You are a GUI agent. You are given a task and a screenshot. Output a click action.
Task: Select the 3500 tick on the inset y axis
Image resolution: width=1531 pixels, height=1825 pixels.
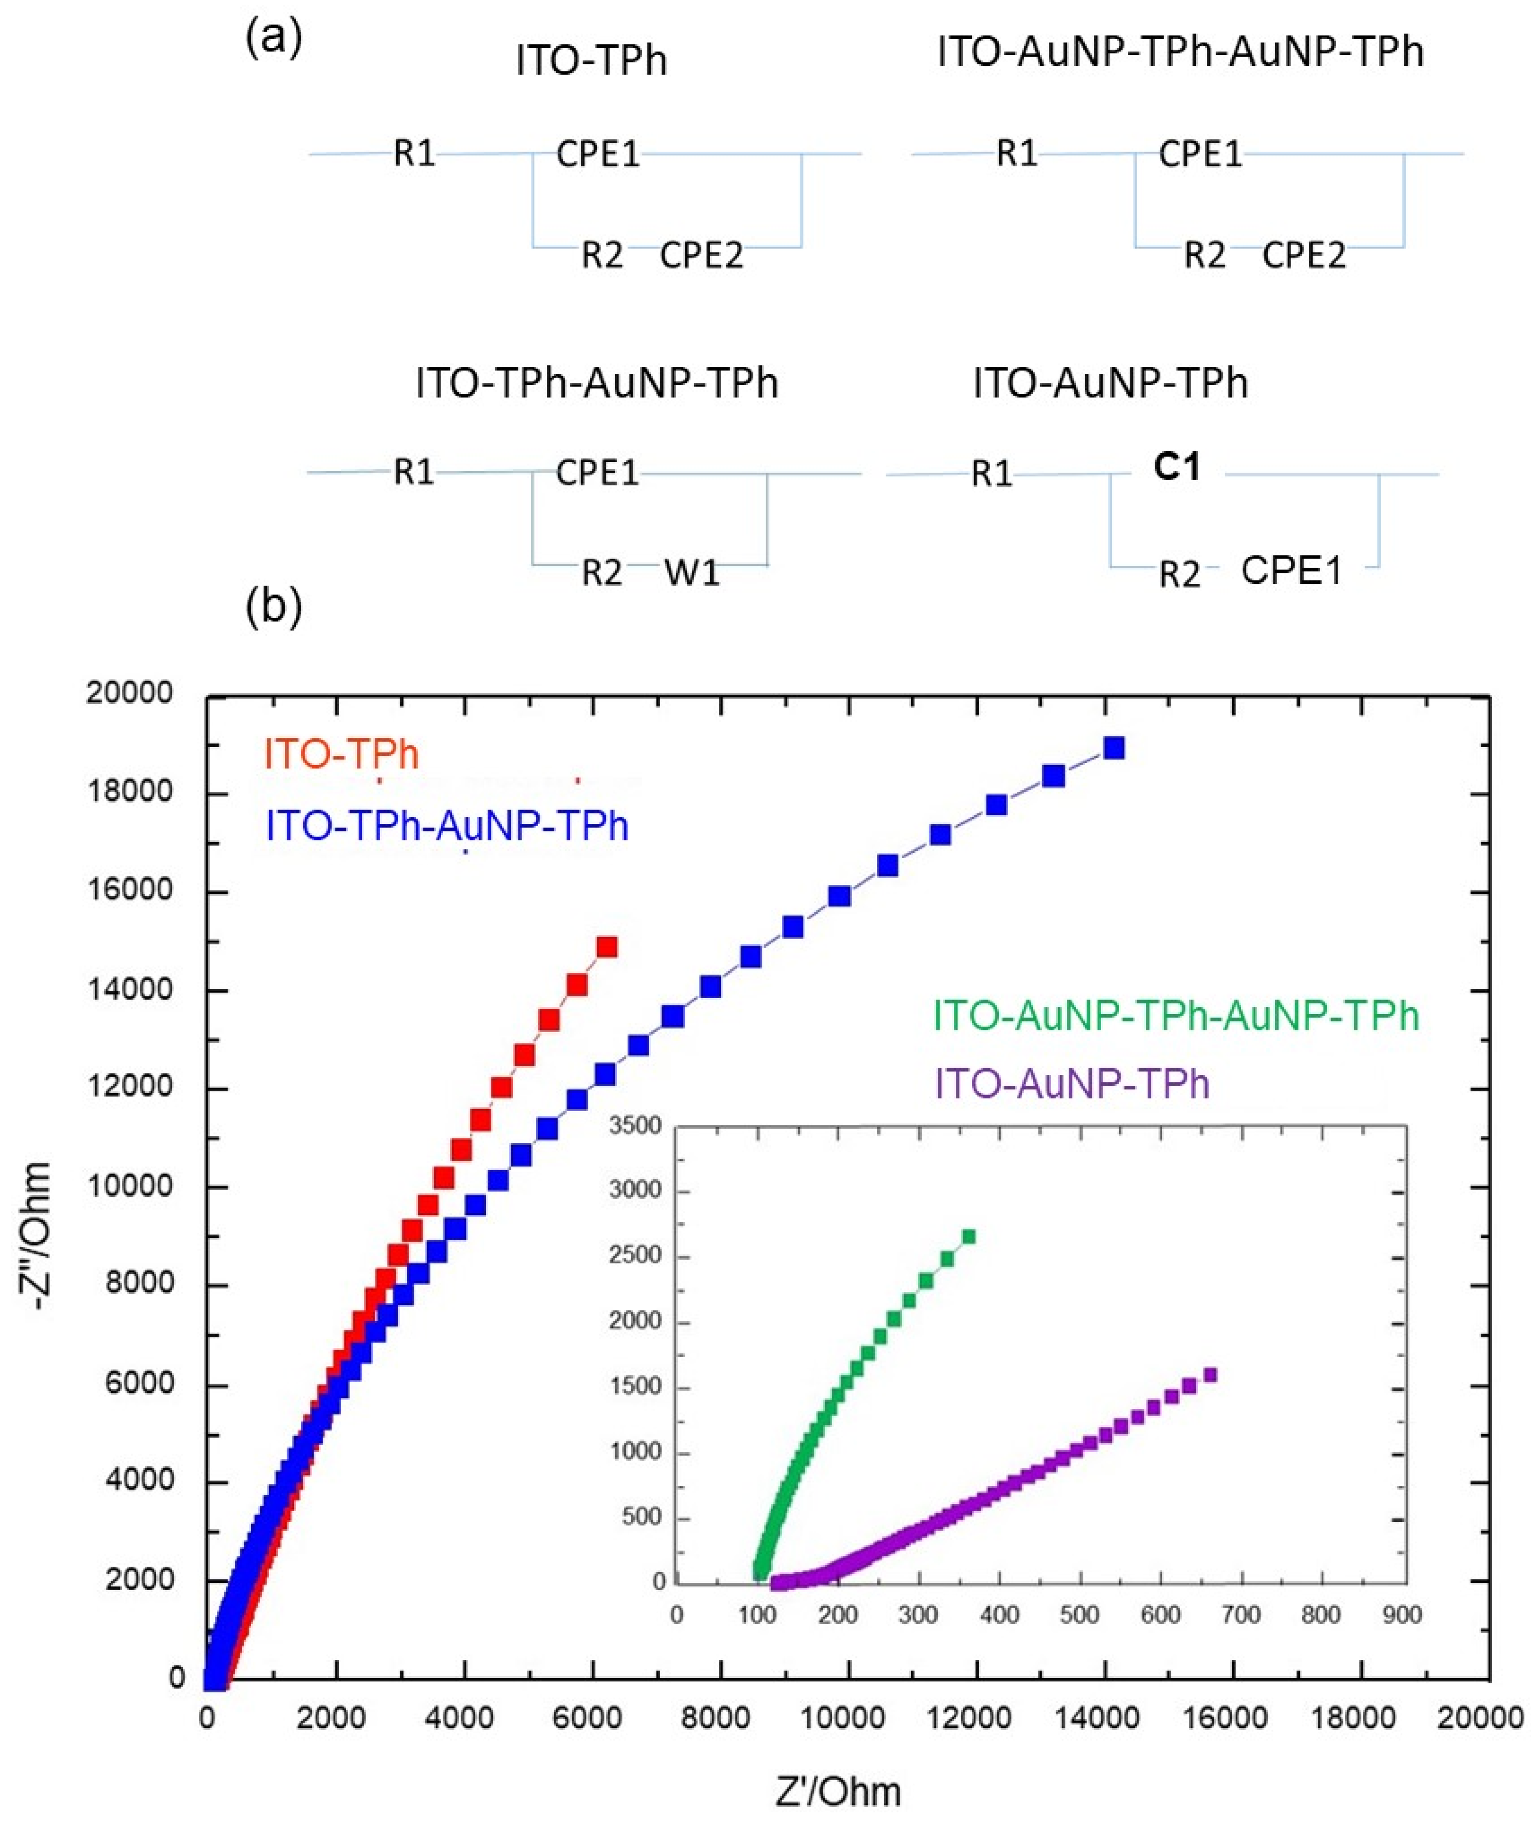[x=637, y=1126]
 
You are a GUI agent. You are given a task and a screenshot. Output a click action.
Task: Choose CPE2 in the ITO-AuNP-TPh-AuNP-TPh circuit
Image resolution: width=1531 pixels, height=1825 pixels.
[x=1304, y=255]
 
